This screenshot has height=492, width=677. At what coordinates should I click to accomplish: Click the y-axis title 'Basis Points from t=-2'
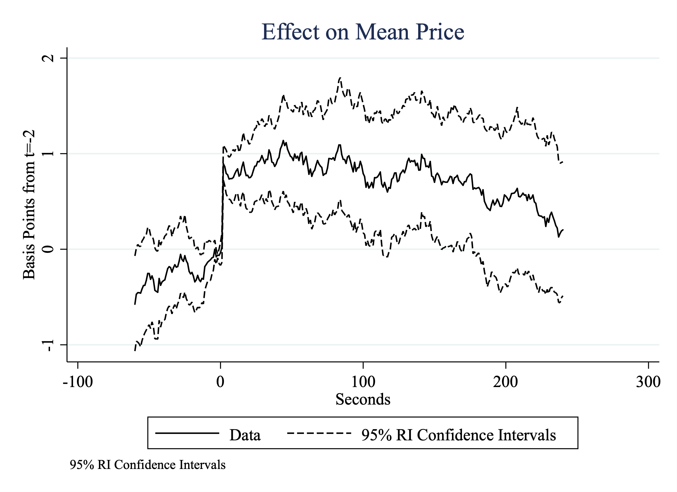29,205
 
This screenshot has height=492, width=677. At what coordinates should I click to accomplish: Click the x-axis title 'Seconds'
363,399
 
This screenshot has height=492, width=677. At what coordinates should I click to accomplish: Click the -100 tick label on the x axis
78,382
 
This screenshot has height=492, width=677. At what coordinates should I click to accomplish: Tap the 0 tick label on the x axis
220,382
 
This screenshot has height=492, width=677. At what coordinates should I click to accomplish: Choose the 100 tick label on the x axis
363,382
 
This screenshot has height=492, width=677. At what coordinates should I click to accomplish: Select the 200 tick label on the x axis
505,382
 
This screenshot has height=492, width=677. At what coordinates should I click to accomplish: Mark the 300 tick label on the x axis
648,382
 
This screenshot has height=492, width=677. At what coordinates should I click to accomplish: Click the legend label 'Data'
245,435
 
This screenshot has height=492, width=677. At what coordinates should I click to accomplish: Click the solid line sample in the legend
187,433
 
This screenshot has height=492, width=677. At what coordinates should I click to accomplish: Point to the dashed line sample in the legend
319,433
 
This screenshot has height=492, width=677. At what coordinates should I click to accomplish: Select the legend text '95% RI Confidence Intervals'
458,435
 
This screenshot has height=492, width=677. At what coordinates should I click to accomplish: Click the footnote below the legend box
148,465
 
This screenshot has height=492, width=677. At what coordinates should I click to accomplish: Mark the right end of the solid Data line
563,230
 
